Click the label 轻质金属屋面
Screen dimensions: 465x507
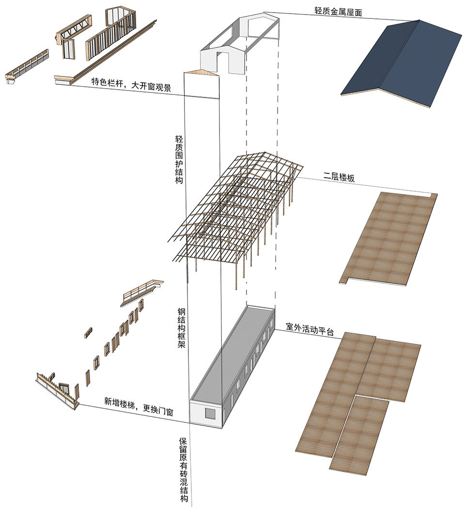pyautogui.click(x=338, y=12)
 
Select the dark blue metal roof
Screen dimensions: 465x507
pyautogui.click(x=401, y=63)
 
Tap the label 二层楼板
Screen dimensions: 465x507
pyautogui.click(x=339, y=177)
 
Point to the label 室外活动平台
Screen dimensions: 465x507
pyautogui.click(x=310, y=329)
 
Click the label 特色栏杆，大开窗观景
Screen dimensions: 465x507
pyautogui.click(x=131, y=84)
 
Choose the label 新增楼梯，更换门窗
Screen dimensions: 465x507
pyautogui.click(x=139, y=406)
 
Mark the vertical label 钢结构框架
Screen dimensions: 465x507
pyautogui.click(x=181, y=328)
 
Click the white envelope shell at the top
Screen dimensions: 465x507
pyautogui.click(x=240, y=44)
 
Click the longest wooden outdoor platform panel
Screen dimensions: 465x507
pyautogui.click(x=335, y=395)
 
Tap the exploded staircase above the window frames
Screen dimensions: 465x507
pyautogui.click(x=141, y=293)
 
